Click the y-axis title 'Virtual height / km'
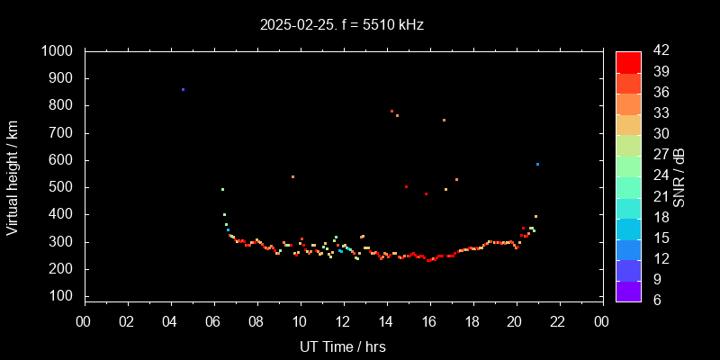point(13,175)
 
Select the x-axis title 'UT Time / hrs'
point(343,346)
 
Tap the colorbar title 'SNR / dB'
point(679,176)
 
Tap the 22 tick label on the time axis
point(559,321)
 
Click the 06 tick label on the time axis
point(213,321)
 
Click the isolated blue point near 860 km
point(183,90)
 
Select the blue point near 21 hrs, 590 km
point(537,164)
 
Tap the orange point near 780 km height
point(391,111)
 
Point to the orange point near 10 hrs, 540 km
point(292,176)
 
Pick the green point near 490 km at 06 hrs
point(222,189)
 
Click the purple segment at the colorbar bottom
point(628,290)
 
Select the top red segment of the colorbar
point(628,61)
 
